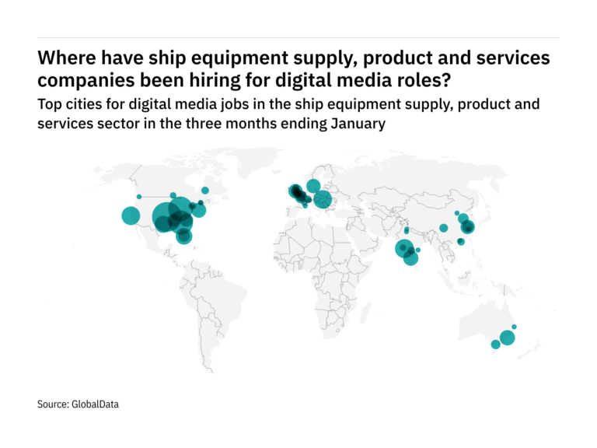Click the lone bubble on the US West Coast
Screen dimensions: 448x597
[130, 215]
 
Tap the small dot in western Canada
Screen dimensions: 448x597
[139, 197]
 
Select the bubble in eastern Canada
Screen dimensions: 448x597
[205, 190]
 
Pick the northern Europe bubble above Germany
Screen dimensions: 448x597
[313, 185]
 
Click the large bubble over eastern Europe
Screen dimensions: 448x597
[322, 199]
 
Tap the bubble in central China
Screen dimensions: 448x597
[443, 228]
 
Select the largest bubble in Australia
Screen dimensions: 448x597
[508, 338]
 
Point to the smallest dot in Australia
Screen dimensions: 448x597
[515, 327]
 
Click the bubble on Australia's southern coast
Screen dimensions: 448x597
[496, 345]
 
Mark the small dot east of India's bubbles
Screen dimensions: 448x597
[418, 250]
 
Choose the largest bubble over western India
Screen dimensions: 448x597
[403, 248]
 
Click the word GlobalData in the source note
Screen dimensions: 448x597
[96, 404]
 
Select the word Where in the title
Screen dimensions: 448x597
[66, 58]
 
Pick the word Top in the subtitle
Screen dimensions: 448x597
[51, 104]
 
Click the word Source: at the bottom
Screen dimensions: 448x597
[53, 404]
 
